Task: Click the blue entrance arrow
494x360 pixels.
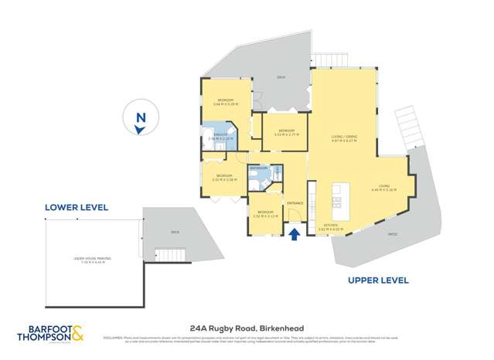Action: [295, 234]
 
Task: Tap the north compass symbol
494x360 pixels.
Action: [139, 121]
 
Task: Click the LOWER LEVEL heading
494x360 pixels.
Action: [76, 207]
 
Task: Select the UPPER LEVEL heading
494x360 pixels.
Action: [378, 280]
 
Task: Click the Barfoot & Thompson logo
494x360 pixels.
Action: [50, 334]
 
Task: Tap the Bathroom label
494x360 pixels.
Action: [257, 168]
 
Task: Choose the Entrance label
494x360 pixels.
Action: [295, 203]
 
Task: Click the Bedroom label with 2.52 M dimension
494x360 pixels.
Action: [265, 212]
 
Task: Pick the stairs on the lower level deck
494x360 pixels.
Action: [167, 254]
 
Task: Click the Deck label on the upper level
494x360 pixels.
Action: [281, 77]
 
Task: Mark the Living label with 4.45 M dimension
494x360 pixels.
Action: [383, 187]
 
